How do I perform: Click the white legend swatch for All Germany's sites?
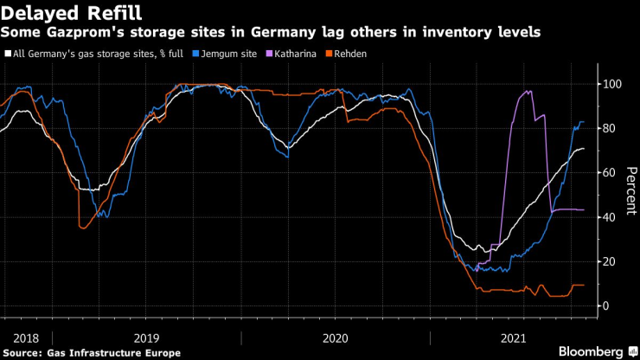[7, 54]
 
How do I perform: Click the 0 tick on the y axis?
[608, 305]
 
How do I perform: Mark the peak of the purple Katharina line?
[529, 90]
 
